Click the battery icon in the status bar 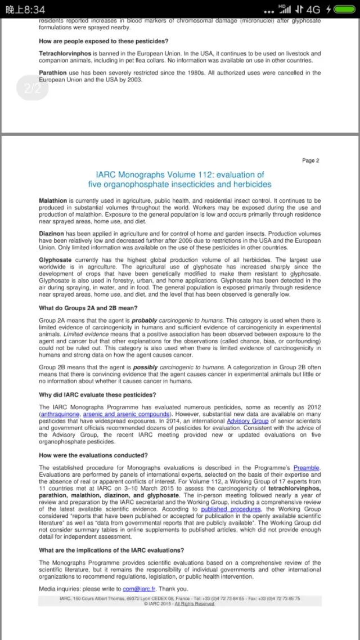344,10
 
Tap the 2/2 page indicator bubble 33,88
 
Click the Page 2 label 310,160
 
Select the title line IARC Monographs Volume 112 179,174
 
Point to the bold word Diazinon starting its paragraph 51,233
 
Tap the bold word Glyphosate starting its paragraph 55,259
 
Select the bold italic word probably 145,320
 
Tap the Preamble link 306,468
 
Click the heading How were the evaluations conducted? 93,455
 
